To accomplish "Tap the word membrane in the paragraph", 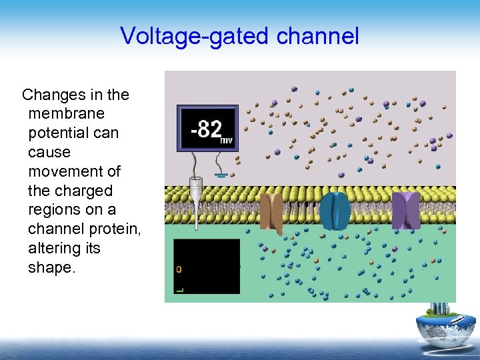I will point(67,114).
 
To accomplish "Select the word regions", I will point(57,210).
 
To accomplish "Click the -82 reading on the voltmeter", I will point(205,127).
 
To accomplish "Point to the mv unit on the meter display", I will point(227,140).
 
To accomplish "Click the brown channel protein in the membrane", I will point(272,211).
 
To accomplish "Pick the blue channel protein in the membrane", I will point(335,210).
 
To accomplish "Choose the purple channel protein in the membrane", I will point(405,210).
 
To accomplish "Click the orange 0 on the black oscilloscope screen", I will point(179,269).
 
